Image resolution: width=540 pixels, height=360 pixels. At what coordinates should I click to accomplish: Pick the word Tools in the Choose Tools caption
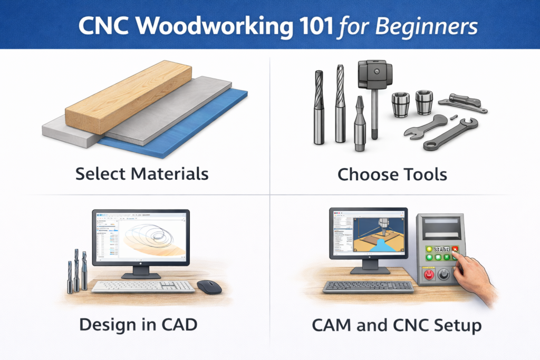422,173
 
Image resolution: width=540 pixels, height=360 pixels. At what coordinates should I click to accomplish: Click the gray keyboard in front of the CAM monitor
368,287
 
